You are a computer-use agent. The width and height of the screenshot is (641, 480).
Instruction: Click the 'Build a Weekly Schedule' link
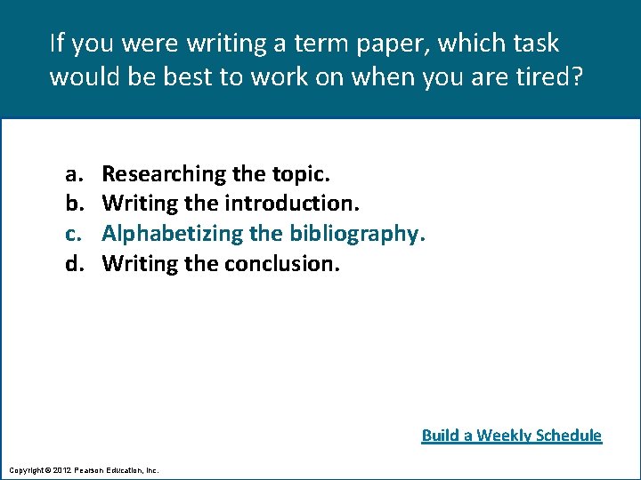pyautogui.click(x=511, y=435)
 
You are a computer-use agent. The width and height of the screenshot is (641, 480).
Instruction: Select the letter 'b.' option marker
pyautogui.click(x=72, y=204)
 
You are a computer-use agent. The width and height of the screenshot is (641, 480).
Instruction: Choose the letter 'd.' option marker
pyautogui.click(x=72, y=263)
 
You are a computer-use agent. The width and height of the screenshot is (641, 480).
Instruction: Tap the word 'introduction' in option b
pyautogui.click(x=291, y=204)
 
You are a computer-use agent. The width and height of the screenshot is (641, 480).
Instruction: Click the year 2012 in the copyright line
pyautogui.click(x=61, y=468)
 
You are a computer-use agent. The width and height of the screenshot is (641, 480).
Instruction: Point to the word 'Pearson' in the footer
pyautogui.click(x=92, y=468)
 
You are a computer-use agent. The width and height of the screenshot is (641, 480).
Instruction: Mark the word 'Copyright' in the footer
pyautogui.click(x=25, y=468)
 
